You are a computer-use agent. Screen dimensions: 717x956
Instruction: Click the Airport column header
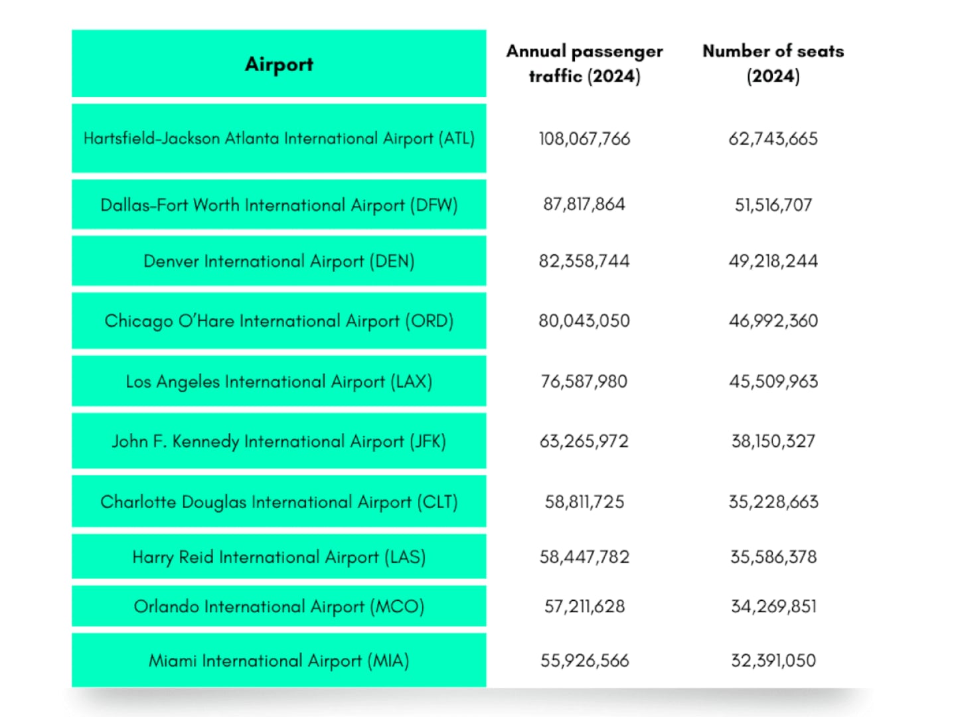pyautogui.click(x=279, y=64)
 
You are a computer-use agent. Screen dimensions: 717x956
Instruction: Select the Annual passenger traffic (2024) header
pyautogui.click(x=584, y=64)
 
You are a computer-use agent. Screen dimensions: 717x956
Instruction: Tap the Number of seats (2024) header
pyautogui.click(x=773, y=64)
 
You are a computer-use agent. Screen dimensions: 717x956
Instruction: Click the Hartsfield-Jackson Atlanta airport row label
pyautogui.click(x=279, y=139)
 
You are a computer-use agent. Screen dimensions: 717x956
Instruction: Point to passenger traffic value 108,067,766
pyautogui.click(x=584, y=139)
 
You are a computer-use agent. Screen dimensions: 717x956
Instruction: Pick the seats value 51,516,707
pyautogui.click(x=773, y=204)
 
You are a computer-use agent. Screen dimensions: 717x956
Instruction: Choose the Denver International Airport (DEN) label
pyautogui.click(x=279, y=261)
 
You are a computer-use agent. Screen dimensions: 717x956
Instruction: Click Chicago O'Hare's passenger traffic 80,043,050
pyautogui.click(x=584, y=321)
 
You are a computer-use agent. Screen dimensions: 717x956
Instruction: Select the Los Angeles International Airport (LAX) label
pyautogui.click(x=279, y=382)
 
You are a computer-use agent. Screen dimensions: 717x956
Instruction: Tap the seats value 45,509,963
pyautogui.click(x=773, y=382)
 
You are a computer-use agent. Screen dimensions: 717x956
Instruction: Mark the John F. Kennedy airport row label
pyautogui.click(x=279, y=441)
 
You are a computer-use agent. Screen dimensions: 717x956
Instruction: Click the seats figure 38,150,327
pyautogui.click(x=773, y=441)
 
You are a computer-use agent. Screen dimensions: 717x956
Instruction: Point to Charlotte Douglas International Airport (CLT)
pyautogui.click(x=279, y=502)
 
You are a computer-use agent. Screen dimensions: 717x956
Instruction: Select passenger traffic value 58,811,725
pyautogui.click(x=584, y=502)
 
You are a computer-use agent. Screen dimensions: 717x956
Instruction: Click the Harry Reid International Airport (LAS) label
pyautogui.click(x=279, y=557)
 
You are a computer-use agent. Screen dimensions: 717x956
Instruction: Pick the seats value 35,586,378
pyautogui.click(x=773, y=557)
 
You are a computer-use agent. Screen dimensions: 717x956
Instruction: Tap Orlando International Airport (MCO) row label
pyautogui.click(x=279, y=606)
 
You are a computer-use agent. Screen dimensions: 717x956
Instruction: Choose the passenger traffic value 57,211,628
pyautogui.click(x=584, y=606)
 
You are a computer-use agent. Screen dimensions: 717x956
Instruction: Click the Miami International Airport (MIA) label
pyautogui.click(x=279, y=661)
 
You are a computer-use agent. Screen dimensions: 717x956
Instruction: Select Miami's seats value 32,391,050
pyautogui.click(x=773, y=661)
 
